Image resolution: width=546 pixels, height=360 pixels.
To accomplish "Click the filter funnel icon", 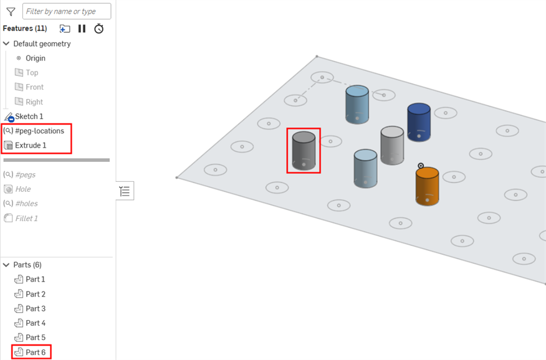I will (11, 11).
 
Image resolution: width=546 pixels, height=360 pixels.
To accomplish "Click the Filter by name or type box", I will (67, 11).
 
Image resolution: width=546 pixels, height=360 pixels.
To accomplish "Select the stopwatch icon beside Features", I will (99, 29).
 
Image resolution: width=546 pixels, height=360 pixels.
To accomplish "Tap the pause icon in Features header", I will (82, 29).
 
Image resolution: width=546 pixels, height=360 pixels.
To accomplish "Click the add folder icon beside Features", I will (65, 29).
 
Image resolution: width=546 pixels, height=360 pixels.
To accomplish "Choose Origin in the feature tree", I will (35, 58).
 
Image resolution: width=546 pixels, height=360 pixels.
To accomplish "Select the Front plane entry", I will (34, 87).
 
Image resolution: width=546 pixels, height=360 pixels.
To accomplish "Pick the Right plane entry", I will (34, 102).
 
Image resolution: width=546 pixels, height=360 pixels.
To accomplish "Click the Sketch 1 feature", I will (29, 116).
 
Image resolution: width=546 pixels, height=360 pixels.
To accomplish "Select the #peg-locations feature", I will (39, 131).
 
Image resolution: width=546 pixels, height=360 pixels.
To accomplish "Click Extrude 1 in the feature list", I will (31, 145).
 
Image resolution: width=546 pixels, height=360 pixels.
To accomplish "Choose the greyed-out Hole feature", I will (22, 189).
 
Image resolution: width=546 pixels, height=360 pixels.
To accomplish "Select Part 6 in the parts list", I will (35, 353).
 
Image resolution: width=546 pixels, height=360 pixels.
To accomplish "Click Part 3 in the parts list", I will (35, 308).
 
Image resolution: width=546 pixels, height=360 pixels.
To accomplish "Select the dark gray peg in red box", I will (304, 151).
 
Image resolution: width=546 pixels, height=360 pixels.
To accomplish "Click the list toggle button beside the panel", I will (125, 191).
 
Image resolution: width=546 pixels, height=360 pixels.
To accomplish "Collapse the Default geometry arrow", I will (6, 44).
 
